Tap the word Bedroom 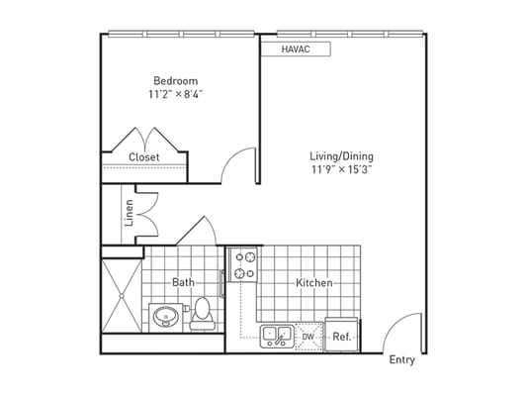pos(174,81)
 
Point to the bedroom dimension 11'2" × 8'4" pos(174,95)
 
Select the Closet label pos(144,157)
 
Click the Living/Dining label pos(341,156)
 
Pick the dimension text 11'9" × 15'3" pos(341,170)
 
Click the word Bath pos(183,283)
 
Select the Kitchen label pos(314,283)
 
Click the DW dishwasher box pos(308,336)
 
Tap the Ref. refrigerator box pos(341,336)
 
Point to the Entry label pos(401,359)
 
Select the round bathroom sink pos(164,317)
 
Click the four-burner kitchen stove pos(243,264)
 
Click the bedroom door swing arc pos(237,164)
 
